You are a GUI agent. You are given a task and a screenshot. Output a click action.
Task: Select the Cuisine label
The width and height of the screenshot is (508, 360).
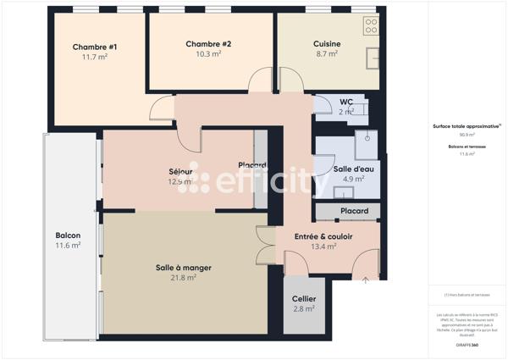(326, 43)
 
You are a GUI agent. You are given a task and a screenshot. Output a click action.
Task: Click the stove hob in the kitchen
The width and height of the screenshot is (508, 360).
(370, 26)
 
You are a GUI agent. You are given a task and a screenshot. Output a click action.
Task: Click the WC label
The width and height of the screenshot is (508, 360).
(346, 102)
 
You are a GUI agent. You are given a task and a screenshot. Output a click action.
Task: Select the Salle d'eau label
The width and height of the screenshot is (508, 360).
(353, 169)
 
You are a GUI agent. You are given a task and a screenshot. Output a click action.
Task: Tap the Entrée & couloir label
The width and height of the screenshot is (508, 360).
(323, 236)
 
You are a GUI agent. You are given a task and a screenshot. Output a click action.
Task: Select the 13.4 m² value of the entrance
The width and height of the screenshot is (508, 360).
(323, 246)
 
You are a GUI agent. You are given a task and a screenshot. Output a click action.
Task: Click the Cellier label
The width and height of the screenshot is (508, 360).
(304, 299)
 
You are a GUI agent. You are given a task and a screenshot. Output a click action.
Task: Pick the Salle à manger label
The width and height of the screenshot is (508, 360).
(183, 268)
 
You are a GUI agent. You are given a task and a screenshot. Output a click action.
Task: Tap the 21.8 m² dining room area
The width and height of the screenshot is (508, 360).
(183, 278)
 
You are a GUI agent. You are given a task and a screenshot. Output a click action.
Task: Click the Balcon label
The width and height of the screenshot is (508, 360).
(68, 235)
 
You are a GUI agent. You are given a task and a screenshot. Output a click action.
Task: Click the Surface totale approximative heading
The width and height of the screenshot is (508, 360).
(467, 125)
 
